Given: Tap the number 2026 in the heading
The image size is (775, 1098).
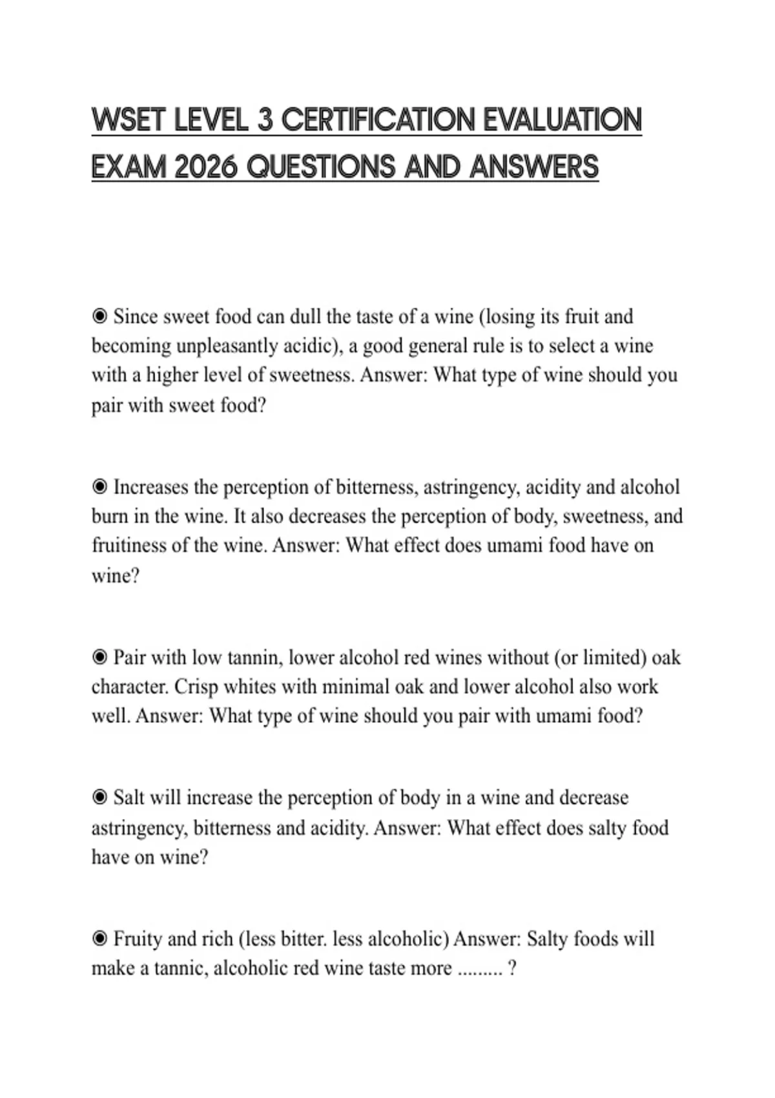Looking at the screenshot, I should click(207, 167).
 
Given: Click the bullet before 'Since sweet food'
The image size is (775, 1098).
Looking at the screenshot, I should click(99, 316).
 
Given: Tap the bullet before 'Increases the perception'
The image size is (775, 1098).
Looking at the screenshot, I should click(99, 487).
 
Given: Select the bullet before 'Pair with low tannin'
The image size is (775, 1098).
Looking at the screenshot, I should click(99, 658).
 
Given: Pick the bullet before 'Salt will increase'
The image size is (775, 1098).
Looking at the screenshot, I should click(99, 798).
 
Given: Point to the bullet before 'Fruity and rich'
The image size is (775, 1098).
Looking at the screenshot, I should click(99, 938).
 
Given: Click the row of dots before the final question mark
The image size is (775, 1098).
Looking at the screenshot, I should click(479, 969).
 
